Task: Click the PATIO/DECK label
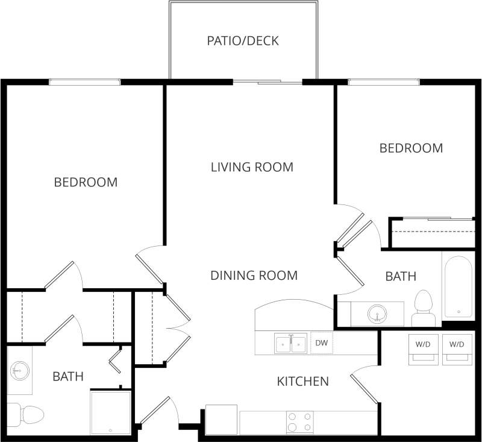[243, 41]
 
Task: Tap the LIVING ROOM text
[252, 167]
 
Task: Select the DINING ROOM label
[254, 276]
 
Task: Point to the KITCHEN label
[302, 381]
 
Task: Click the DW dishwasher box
[322, 343]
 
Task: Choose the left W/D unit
[423, 349]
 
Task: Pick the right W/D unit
[457, 349]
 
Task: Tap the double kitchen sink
[291, 344]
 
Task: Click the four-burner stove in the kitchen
[299, 421]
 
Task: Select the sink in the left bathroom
[20, 369]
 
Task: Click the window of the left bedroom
[84, 82]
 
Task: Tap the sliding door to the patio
[267, 82]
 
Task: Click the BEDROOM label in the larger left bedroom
[86, 182]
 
